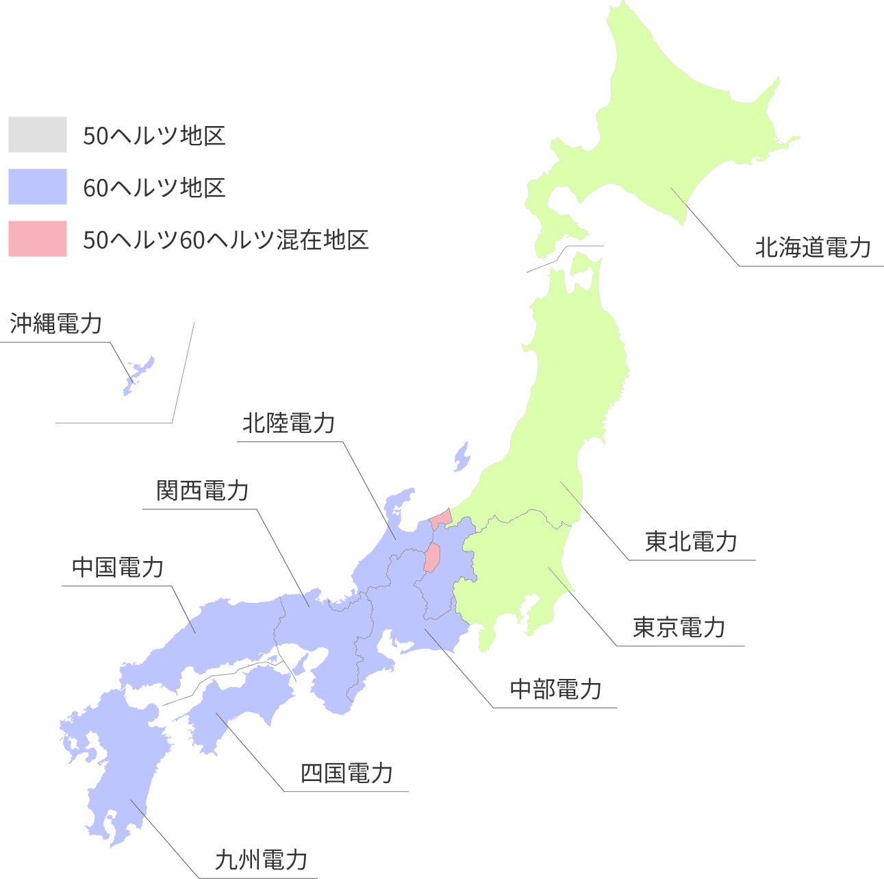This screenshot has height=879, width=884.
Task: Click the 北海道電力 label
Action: (x=813, y=247)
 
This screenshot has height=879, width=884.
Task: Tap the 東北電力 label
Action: (x=691, y=542)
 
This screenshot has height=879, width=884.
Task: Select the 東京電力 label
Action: (x=679, y=627)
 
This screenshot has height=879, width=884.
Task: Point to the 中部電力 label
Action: (x=555, y=689)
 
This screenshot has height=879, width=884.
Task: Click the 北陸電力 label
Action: (x=288, y=423)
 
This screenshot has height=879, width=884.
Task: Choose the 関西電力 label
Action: (x=202, y=491)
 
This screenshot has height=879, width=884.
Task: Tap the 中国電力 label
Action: (x=118, y=568)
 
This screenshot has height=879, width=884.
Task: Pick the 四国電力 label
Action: (x=346, y=773)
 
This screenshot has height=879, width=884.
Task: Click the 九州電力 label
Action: (x=261, y=860)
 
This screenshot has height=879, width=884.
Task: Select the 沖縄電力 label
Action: (x=55, y=323)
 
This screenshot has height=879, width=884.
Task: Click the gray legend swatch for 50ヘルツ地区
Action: (x=38, y=134)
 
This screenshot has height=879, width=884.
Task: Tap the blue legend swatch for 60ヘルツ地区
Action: (x=38, y=186)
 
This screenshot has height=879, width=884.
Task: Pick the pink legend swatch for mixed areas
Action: (x=38, y=238)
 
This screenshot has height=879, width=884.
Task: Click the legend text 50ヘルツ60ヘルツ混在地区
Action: (x=225, y=240)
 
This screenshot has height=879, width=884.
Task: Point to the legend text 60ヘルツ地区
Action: (x=154, y=188)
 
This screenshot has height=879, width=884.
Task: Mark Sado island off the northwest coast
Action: (x=462, y=456)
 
